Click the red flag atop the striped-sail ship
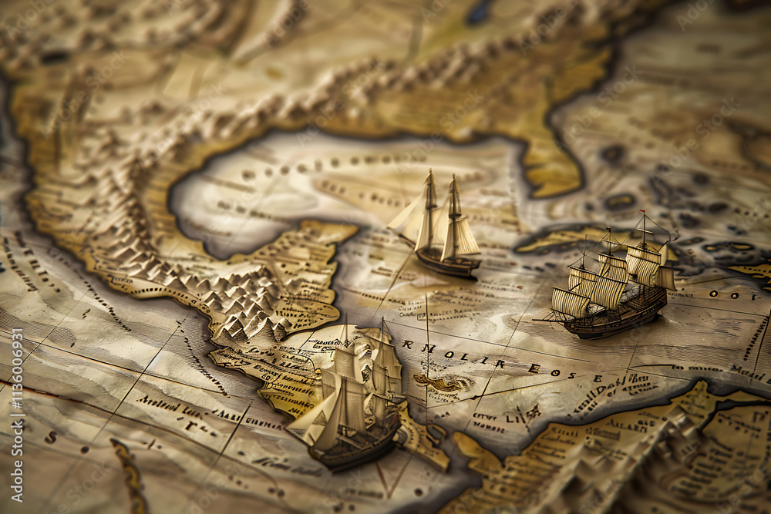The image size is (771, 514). pyautogui.click(x=641, y=213)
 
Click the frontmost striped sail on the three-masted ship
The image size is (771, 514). pyautogui.click(x=570, y=303)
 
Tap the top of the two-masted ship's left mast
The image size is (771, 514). pyautogui.click(x=430, y=174)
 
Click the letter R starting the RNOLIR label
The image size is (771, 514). pyautogui.click(x=406, y=346)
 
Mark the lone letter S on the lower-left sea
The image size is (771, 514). pyautogui.click(x=52, y=438)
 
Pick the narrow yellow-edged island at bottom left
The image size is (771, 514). pyautogui.click(x=128, y=474)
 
